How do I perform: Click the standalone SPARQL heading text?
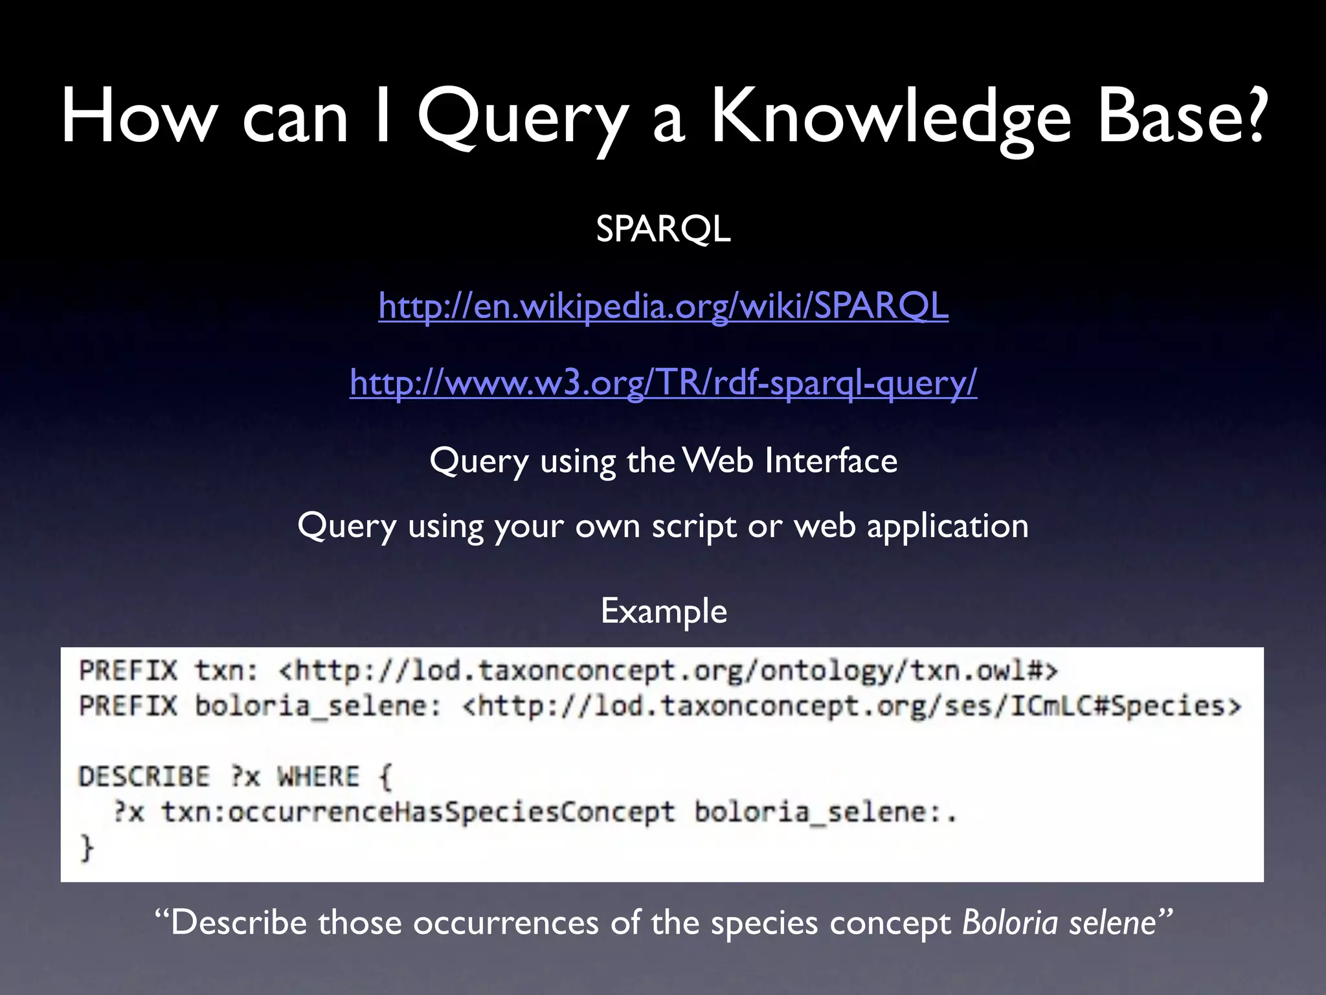[663, 229]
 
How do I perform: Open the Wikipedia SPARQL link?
[663, 306]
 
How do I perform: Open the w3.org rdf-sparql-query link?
[663, 382]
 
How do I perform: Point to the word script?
[693, 525]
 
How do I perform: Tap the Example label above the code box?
[664, 611]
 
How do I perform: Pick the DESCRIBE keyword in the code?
[144, 776]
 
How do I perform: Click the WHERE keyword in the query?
[318, 776]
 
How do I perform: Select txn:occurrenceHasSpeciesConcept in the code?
[418, 812]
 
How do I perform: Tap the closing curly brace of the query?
[87, 848]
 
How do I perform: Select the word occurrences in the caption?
[506, 922]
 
